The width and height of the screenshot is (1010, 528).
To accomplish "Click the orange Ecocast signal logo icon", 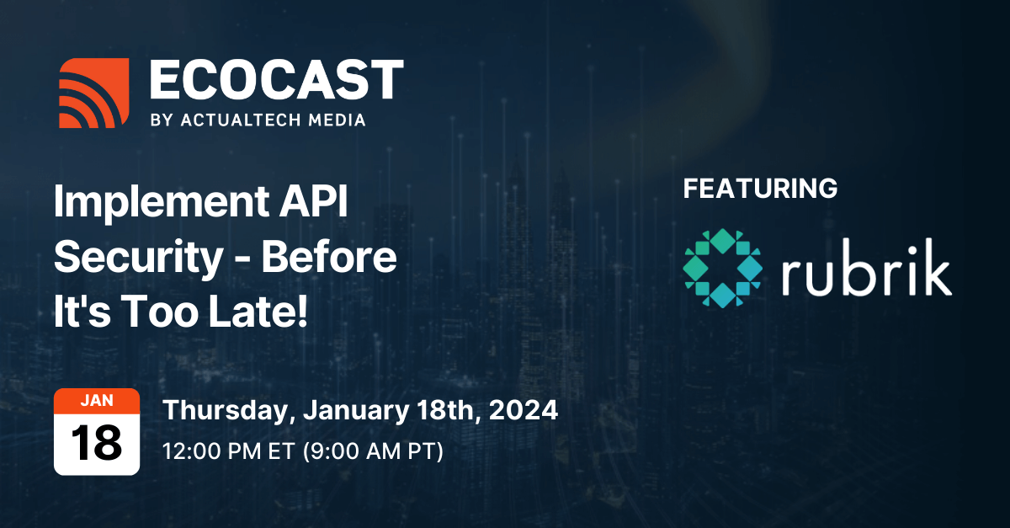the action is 93,93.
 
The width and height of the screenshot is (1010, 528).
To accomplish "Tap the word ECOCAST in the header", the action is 276,79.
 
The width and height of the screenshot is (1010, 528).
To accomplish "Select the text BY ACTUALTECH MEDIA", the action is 258,120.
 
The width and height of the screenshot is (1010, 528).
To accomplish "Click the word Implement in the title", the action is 162,202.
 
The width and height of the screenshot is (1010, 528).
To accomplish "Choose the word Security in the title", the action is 138,258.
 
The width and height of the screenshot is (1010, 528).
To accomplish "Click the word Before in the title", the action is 329,256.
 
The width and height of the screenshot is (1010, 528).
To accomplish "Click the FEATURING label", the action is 760,188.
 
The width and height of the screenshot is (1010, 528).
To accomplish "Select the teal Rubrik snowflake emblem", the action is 723,268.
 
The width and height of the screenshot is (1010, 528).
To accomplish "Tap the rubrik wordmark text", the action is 867,267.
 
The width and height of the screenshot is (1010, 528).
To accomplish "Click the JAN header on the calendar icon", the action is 97,400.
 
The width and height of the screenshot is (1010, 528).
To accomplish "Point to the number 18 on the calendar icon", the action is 97,443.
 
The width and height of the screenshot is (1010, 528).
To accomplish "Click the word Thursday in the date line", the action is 230,411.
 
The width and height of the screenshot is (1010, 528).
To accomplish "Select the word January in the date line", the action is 356,411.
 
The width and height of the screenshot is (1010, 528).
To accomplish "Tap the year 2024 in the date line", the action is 524,410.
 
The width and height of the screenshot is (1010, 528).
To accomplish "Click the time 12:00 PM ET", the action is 229,451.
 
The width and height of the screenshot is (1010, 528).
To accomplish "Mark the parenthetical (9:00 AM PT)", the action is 373,451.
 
